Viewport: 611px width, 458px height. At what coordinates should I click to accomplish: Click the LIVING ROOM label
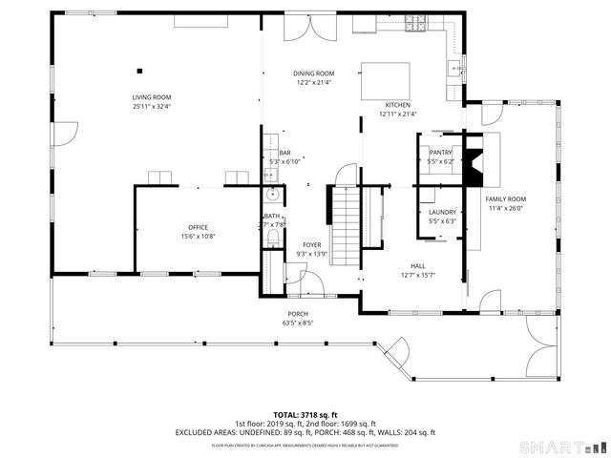click(151, 97)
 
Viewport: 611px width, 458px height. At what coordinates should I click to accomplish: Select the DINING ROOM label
click(313, 73)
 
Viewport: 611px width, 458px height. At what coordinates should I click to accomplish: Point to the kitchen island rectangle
click(386, 80)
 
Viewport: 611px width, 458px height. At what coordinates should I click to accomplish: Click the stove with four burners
click(418, 26)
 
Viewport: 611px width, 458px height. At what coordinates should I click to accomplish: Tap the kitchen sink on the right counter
click(457, 68)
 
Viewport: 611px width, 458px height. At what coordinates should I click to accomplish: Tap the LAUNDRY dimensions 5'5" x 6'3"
click(442, 220)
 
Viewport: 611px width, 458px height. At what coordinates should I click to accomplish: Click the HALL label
click(417, 266)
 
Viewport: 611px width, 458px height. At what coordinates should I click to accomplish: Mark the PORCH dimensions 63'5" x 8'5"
click(299, 323)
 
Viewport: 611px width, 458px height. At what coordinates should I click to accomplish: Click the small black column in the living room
click(140, 69)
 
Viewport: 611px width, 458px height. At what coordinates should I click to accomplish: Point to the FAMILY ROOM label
click(506, 198)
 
